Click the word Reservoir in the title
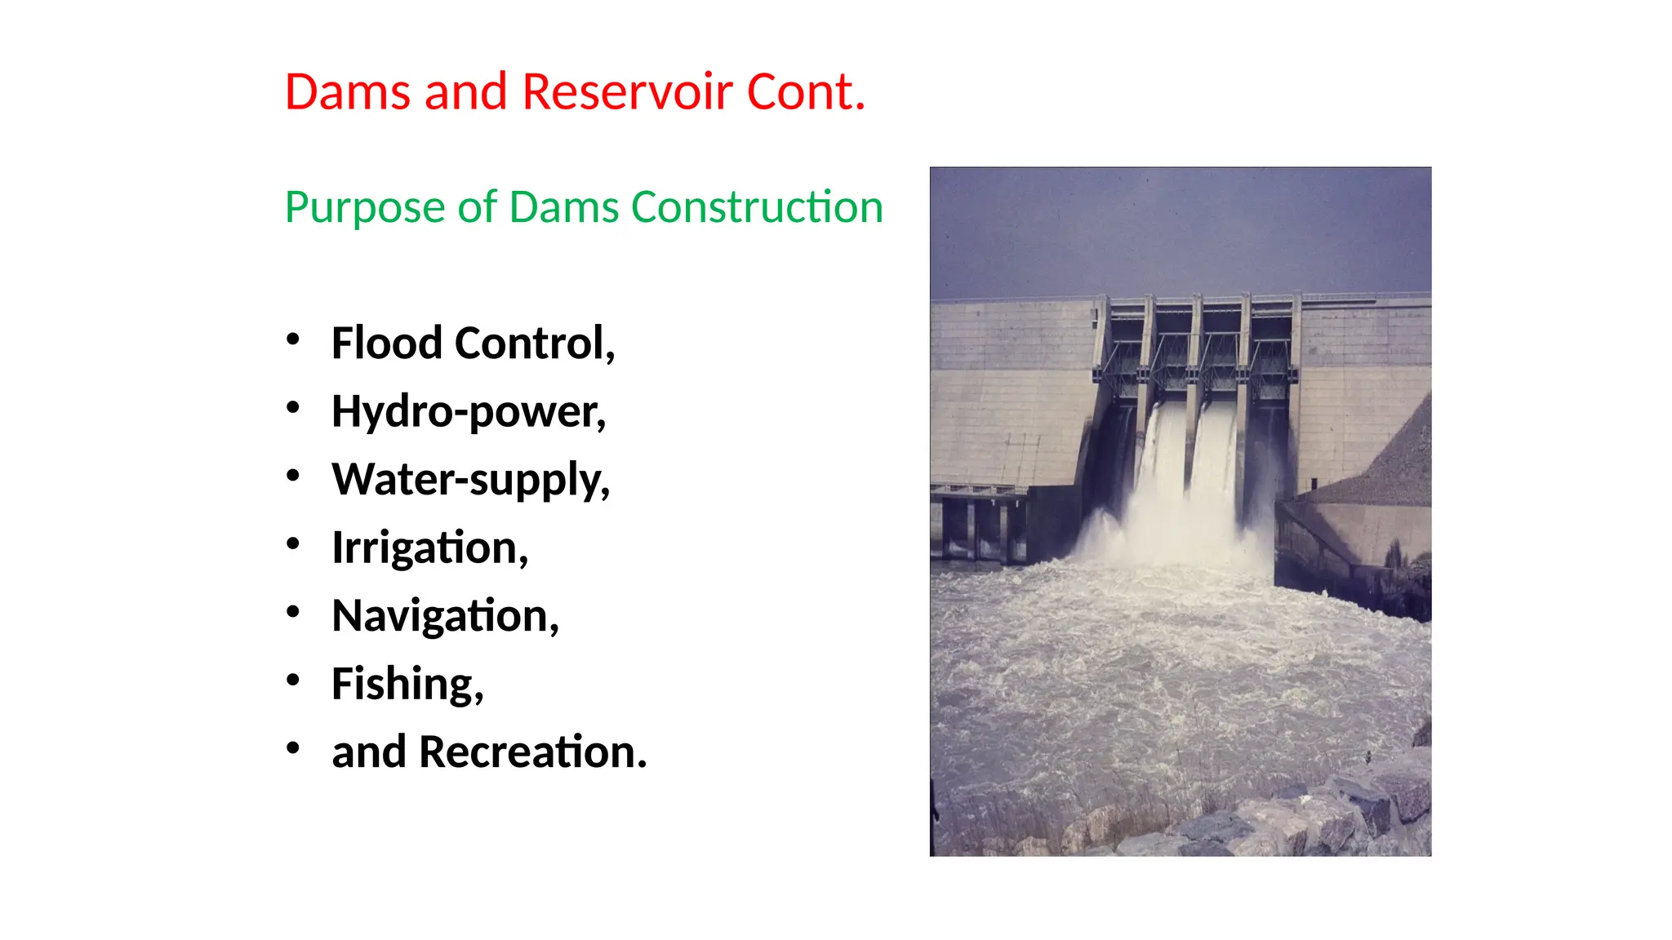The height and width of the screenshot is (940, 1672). [626, 91]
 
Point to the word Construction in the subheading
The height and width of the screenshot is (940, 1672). [757, 207]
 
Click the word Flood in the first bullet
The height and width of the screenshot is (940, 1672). [387, 343]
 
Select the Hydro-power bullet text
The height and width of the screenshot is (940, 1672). [468, 411]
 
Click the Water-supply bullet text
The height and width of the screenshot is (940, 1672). [470, 480]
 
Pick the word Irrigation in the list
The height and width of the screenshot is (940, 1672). [429, 548]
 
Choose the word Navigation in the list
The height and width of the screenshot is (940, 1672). [445, 616]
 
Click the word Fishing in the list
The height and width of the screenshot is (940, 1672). [407, 684]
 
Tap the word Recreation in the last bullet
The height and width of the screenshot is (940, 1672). [531, 752]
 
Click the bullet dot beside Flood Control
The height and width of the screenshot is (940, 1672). [293, 339]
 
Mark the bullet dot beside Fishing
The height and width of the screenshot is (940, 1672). [293, 680]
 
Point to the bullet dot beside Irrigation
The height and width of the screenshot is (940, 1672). [293, 543]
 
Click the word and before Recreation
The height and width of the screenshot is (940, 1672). [368, 752]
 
